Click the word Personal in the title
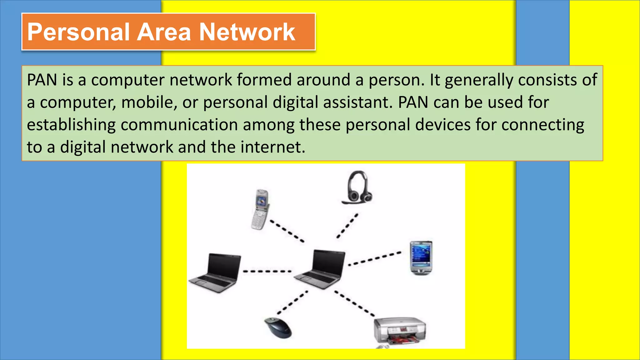78,32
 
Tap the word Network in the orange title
247,32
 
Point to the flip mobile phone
261,209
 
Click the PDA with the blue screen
421,258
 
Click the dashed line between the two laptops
267,271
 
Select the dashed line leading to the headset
347,226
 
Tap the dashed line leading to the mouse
292,302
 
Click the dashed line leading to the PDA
375,258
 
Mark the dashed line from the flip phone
287,231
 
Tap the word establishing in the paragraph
71,125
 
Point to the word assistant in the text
357,102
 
